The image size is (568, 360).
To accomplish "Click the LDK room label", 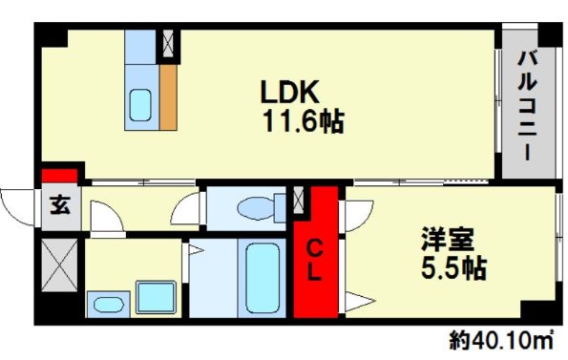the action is pyautogui.click(x=290, y=92).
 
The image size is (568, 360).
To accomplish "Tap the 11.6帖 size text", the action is pyautogui.click(x=304, y=121).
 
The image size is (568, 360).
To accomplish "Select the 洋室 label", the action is pyautogui.click(x=448, y=239).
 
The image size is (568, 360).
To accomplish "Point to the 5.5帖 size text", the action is pyautogui.click(x=453, y=267).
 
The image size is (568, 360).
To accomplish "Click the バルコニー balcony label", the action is pyautogui.click(x=527, y=105).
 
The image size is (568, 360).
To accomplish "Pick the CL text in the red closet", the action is pyautogui.click(x=315, y=260).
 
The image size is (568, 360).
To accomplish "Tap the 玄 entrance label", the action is pyautogui.click(x=60, y=204).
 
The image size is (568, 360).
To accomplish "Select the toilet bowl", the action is pyautogui.click(x=256, y=208).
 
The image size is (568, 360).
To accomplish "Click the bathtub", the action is pyautogui.click(x=263, y=278).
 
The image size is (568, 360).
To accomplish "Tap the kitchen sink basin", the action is pyautogui.click(x=140, y=105).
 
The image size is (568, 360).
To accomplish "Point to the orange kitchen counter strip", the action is pyautogui.click(x=168, y=97).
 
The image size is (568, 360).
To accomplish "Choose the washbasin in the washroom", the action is pyautogui.click(x=108, y=305).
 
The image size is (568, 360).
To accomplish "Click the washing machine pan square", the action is pyautogui.click(x=156, y=297).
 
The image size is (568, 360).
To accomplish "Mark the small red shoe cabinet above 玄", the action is pyautogui.click(x=59, y=176).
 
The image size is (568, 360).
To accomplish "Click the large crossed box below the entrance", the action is pyautogui.click(x=59, y=265).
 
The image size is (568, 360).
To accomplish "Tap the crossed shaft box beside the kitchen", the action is pyautogui.click(x=168, y=43).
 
